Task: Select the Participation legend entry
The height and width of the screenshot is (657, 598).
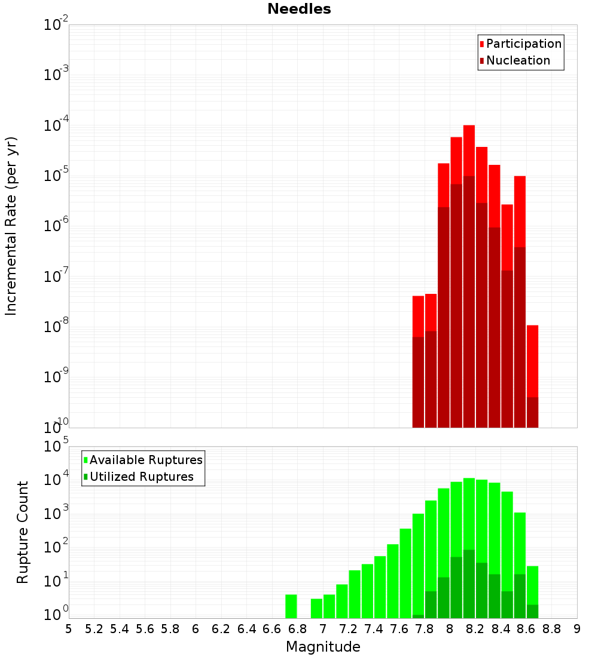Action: tap(523, 44)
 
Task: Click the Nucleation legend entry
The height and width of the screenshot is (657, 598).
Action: tap(517, 60)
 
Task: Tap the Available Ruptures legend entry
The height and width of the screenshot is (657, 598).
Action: tap(145, 460)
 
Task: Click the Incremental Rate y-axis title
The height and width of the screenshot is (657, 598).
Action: tap(11, 226)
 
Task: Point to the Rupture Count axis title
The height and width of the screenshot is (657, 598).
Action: tap(23, 532)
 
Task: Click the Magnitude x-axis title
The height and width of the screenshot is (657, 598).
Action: tap(323, 647)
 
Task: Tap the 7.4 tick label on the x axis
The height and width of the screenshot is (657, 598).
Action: tap(374, 628)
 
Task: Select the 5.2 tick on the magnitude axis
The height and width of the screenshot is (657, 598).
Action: tap(94, 628)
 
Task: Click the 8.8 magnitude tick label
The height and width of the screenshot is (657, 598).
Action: tap(551, 628)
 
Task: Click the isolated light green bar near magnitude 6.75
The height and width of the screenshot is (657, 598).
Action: tap(291, 606)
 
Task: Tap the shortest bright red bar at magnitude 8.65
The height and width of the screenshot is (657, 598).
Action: tap(532, 361)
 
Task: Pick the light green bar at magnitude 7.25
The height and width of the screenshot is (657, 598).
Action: tap(355, 594)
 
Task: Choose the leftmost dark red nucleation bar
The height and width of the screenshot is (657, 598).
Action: tap(418, 382)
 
